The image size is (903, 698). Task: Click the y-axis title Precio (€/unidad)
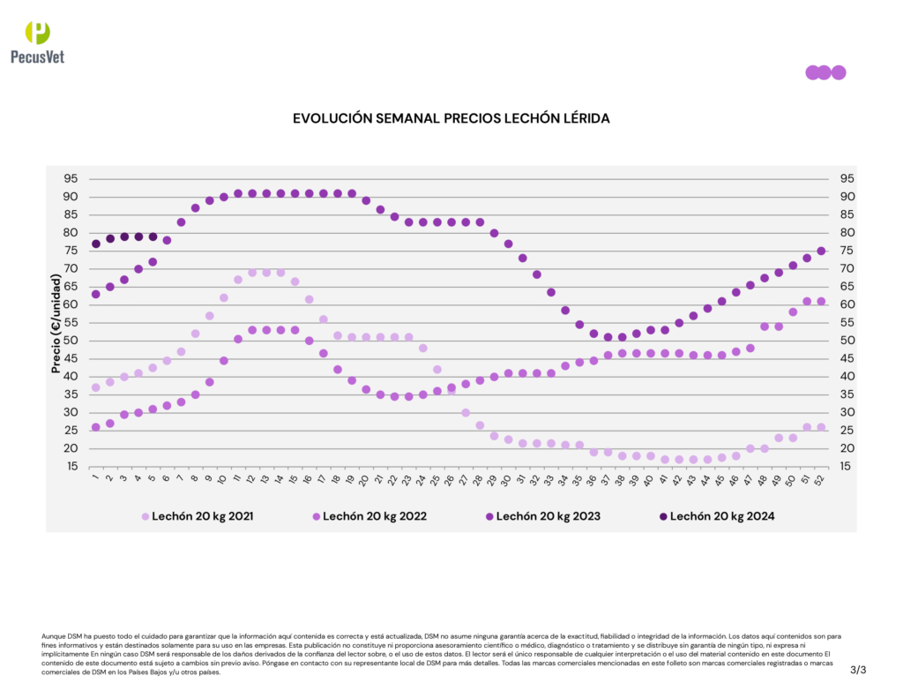(56, 323)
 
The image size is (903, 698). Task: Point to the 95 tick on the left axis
(70, 178)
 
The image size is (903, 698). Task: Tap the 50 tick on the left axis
(70, 341)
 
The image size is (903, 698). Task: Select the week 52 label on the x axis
(821, 480)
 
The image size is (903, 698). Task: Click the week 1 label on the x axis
(95, 479)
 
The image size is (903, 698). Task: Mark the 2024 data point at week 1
(95, 244)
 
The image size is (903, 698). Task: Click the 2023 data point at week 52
(821, 251)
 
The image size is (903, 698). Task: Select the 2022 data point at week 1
(95, 427)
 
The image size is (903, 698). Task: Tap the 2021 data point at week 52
(821, 427)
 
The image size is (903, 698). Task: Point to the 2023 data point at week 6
(167, 240)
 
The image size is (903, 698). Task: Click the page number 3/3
(858, 671)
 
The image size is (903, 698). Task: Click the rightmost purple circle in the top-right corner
(839, 72)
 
